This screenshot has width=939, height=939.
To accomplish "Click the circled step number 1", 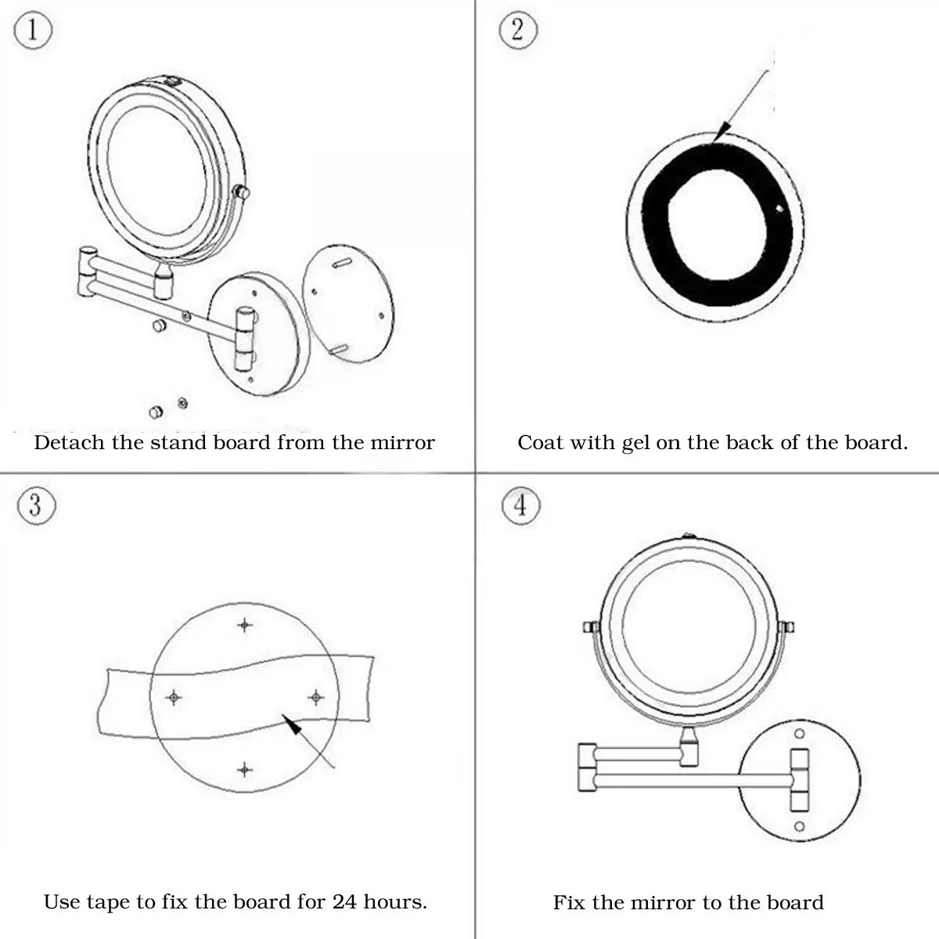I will click(x=33, y=31).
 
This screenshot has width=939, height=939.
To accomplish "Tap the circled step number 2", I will click(x=518, y=31).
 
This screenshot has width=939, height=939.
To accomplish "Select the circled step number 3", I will click(x=34, y=505).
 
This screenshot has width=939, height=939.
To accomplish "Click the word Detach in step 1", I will click(x=69, y=443).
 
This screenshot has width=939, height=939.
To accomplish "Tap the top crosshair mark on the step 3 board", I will click(x=246, y=624).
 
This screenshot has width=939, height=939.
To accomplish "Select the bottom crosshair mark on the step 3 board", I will click(x=245, y=770).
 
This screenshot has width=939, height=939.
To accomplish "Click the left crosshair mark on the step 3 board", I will click(x=174, y=696).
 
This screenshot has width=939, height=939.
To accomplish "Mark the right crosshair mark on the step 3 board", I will click(x=315, y=696).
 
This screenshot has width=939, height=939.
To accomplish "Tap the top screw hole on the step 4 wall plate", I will click(x=800, y=734).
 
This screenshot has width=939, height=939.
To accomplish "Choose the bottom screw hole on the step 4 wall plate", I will click(x=800, y=826).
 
